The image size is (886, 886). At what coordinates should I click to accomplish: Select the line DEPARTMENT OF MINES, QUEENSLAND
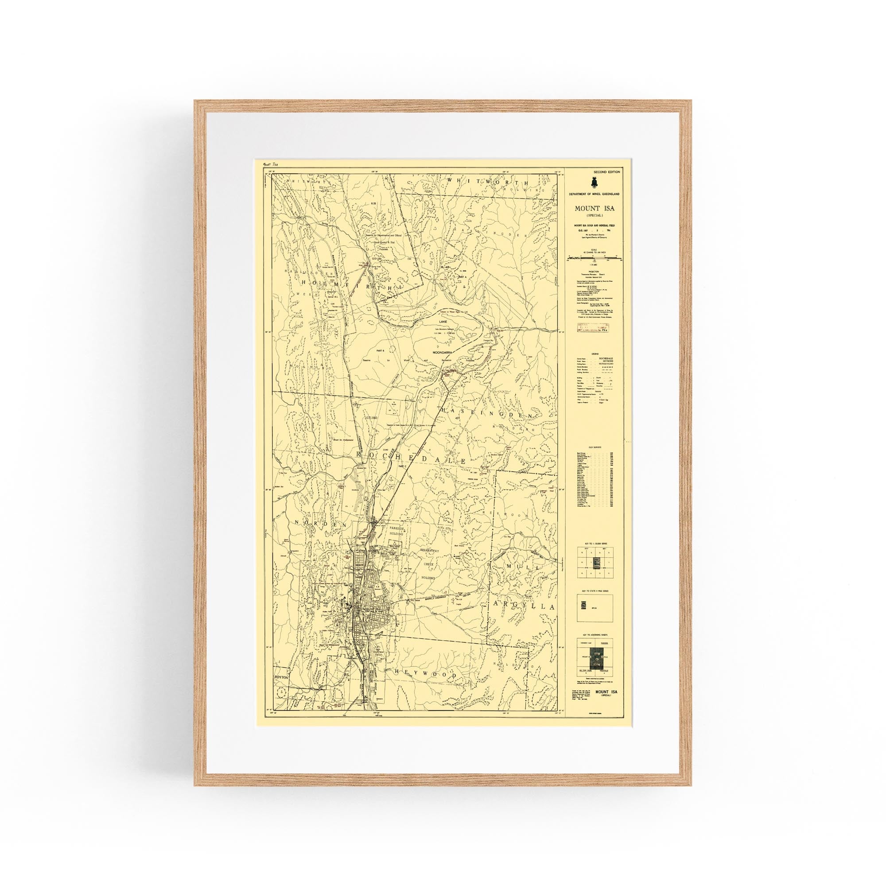pos(594,194)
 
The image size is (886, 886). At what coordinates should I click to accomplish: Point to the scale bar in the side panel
pos(594,259)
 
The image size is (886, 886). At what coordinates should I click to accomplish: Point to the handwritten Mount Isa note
pos(269,164)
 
